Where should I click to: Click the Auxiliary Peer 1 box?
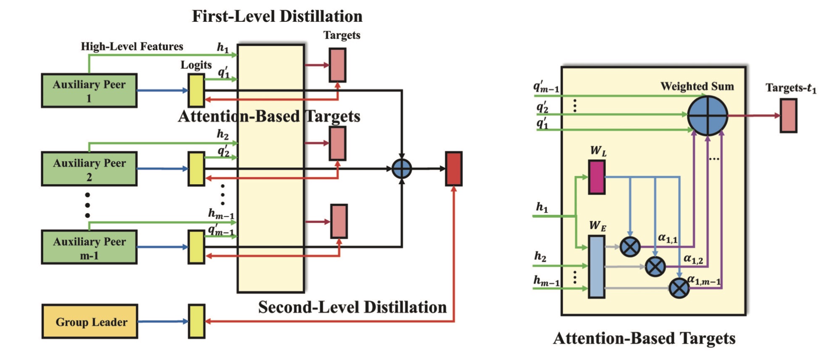tap(89, 91)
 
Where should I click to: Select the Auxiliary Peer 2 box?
tap(89, 169)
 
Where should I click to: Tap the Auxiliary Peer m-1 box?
tap(89, 247)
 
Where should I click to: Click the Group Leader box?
tap(90, 321)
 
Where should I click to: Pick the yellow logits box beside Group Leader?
tap(196, 321)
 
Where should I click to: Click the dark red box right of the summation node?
tap(454, 169)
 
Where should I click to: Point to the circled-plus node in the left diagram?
tap(402, 169)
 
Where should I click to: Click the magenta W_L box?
tap(597, 177)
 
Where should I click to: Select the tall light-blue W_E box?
tap(596, 267)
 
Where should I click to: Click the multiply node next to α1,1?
tap(630, 247)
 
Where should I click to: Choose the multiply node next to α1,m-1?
tap(679, 288)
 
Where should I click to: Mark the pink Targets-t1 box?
tap(788, 116)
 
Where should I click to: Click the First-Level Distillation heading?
tap(277, 16)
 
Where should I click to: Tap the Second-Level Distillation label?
tap(352, 307)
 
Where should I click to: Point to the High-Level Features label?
tap(132, 46)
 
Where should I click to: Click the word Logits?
tap(196, 65)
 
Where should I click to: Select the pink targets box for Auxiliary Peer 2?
tap(337, 143)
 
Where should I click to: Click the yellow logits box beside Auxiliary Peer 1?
tap(196, 90)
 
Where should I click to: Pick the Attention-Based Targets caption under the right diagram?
tap(644, 338)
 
